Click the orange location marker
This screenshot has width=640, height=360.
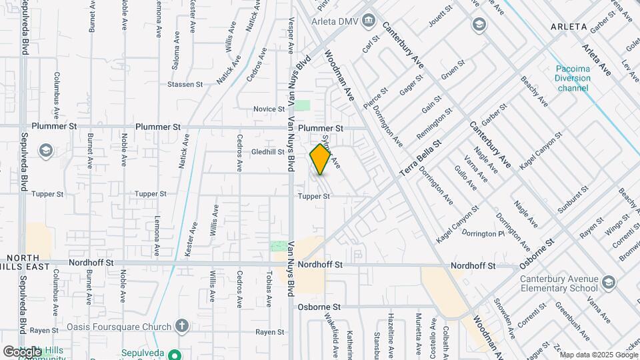(x=320, y=159)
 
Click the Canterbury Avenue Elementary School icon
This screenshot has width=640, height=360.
(x=608, y=283)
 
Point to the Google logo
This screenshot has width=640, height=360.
(x=22, y=351)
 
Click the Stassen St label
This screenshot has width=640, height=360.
(x=185, y=85)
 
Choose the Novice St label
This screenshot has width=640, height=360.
(x=269, y=109)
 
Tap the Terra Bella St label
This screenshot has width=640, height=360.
(x=421, y=158)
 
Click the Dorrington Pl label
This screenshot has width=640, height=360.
(x=483, y=234)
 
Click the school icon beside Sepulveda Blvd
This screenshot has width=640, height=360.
(x=45, y=150)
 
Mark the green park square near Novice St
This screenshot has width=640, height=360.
(x=303, y=105)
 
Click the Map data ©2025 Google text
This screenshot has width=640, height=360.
(x=599, y=354)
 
